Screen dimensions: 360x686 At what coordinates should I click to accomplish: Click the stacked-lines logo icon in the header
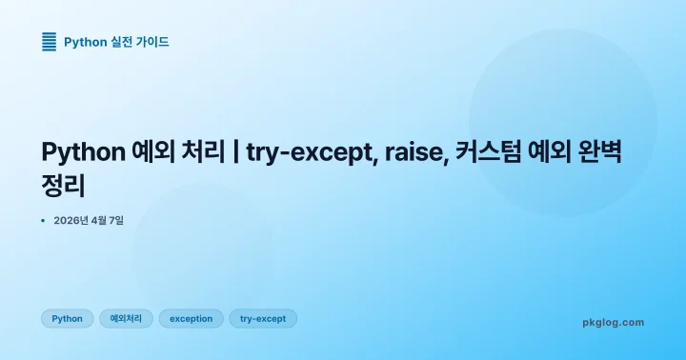point(50,41)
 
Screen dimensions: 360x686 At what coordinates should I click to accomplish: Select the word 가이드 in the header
point(153,42)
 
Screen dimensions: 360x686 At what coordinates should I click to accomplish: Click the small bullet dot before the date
point(44,220)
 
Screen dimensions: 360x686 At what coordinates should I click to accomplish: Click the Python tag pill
point(67,318)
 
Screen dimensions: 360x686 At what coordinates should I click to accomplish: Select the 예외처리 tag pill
point(126,318)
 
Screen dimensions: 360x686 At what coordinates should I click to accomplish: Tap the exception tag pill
point(191,318)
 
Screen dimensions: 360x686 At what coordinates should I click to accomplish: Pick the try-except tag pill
point(263,318)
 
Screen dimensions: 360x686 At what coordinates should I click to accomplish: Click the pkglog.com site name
point(613,323)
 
